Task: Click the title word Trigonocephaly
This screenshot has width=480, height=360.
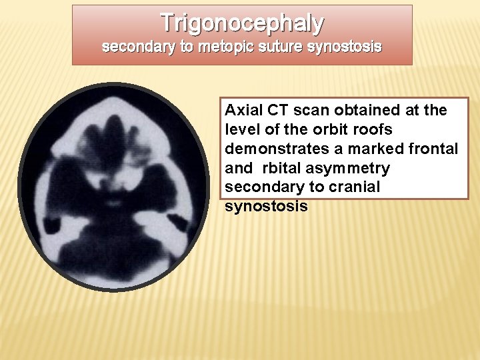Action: coord(242,23)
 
